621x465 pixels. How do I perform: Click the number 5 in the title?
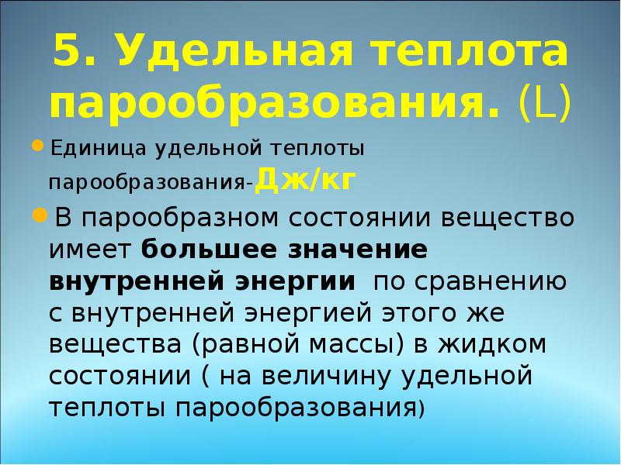point(68,54)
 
